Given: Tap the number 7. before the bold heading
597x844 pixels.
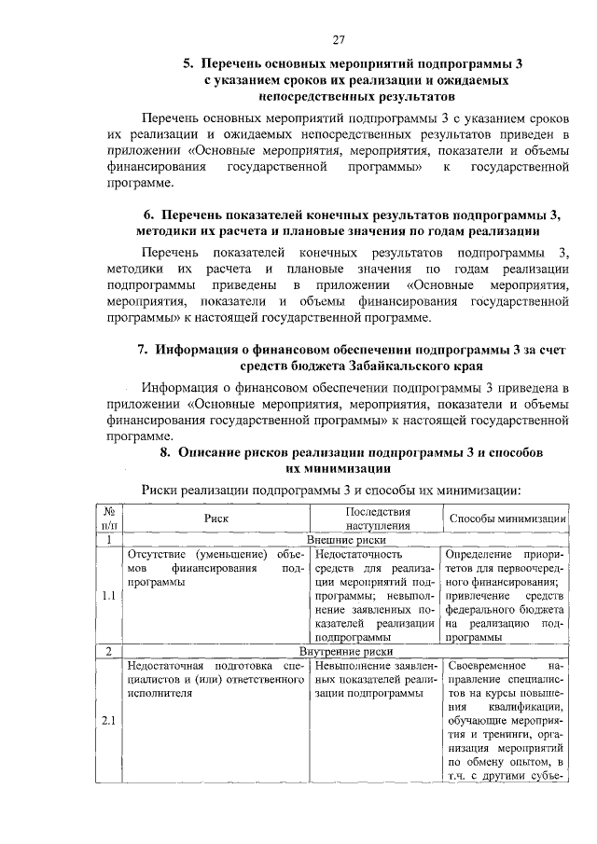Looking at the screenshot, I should click(144, 350).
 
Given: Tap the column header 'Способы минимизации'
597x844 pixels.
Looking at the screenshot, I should click(508, 518).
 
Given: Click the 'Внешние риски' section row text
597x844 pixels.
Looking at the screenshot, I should click(346, 539).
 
